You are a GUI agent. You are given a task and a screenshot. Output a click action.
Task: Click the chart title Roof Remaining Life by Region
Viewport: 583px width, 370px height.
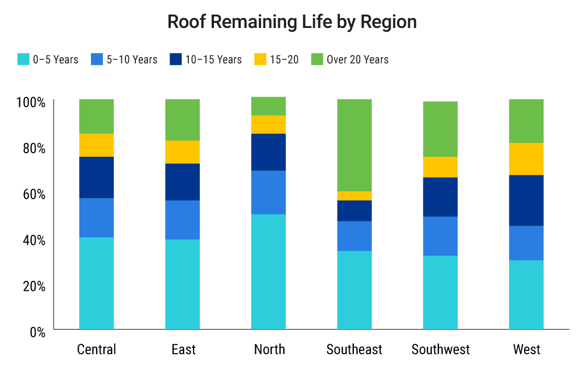291,22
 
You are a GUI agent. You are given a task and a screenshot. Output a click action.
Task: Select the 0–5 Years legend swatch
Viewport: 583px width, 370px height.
24,59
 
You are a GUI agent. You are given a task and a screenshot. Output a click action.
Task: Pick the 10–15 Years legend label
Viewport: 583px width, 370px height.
213,59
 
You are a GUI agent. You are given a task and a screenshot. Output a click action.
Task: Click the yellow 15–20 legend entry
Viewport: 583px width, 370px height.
283,59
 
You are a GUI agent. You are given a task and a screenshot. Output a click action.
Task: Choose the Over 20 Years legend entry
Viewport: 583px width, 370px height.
357,59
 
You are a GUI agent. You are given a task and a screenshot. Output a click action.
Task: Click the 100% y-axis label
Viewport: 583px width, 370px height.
30,103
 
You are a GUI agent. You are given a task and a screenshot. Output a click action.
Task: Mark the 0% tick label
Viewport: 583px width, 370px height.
36,332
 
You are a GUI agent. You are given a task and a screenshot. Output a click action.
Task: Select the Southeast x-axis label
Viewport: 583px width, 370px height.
354,350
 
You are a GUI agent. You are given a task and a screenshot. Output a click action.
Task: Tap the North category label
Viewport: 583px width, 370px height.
269,350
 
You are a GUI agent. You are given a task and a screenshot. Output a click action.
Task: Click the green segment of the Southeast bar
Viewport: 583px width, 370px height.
354,145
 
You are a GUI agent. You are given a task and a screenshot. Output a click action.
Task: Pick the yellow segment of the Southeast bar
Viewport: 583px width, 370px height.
354,196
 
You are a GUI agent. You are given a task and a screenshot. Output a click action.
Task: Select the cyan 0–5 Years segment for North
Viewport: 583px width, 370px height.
269,272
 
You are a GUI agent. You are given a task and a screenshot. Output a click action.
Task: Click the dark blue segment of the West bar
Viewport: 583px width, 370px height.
526,200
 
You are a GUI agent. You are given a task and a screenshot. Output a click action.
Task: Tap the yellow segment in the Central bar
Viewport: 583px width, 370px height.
96,145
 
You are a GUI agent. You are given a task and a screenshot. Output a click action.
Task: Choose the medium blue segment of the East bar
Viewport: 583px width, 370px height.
182,220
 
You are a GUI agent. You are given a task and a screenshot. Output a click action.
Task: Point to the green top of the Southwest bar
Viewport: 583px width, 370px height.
440,129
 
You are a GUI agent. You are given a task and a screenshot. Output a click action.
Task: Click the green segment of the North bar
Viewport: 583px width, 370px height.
269,106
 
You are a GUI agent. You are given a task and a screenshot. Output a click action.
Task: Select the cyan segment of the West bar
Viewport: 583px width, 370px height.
526,295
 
